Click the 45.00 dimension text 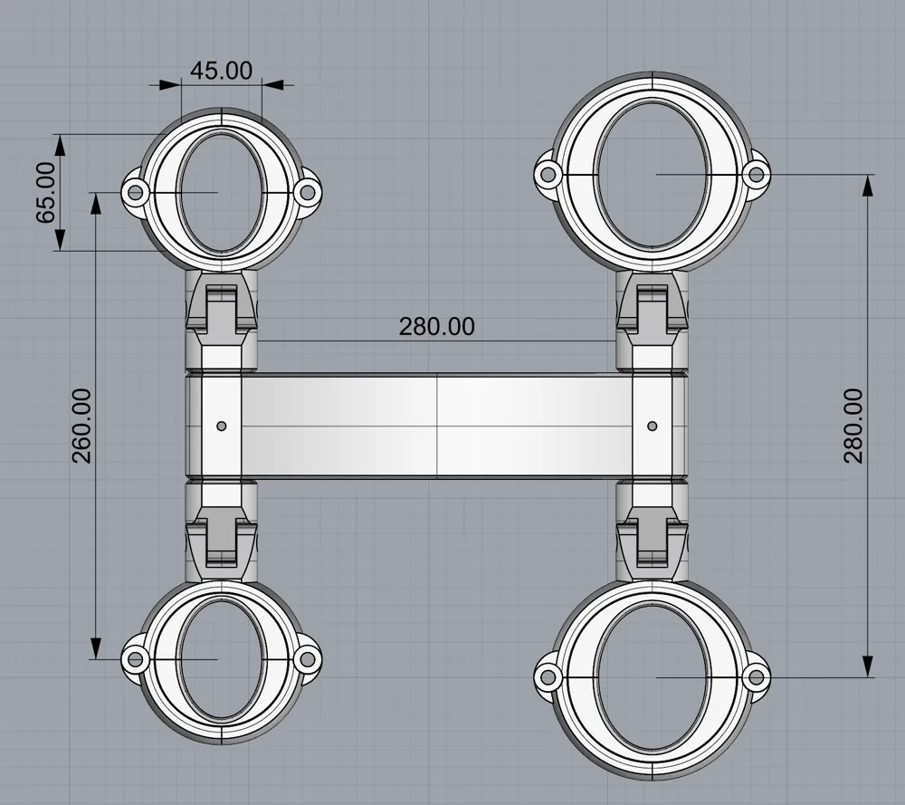(x=221, y=71)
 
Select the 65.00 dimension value (x=46, y=192)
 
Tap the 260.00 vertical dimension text (x=81, y=426)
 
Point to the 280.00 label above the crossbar (x=437, y=327)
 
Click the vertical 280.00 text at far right (x=853, y=426)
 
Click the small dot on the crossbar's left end (x=221, y=426)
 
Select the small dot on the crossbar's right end (x=653, y=426)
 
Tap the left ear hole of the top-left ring (x=135, y=191)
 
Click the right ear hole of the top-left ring (x=308, y=191)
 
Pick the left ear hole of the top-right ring (x=548, y=173)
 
